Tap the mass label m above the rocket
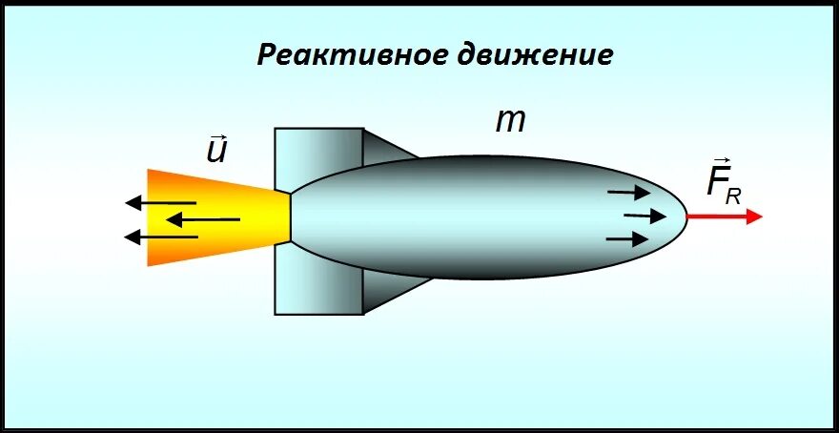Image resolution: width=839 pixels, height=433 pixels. click(510, 121)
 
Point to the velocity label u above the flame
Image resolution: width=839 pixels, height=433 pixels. click(217, 152)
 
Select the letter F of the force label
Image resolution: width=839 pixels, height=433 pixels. click(717, 181)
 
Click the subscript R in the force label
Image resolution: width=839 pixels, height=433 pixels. click(733, 196)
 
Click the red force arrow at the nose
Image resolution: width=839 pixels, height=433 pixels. click(725, 216)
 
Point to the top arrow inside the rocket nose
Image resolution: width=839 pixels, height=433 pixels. click(629, 193)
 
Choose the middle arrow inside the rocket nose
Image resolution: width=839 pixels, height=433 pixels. click(645, 216)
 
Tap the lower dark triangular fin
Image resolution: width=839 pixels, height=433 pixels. click(386, 292)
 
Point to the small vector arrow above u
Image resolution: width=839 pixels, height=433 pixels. click(216, 137)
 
